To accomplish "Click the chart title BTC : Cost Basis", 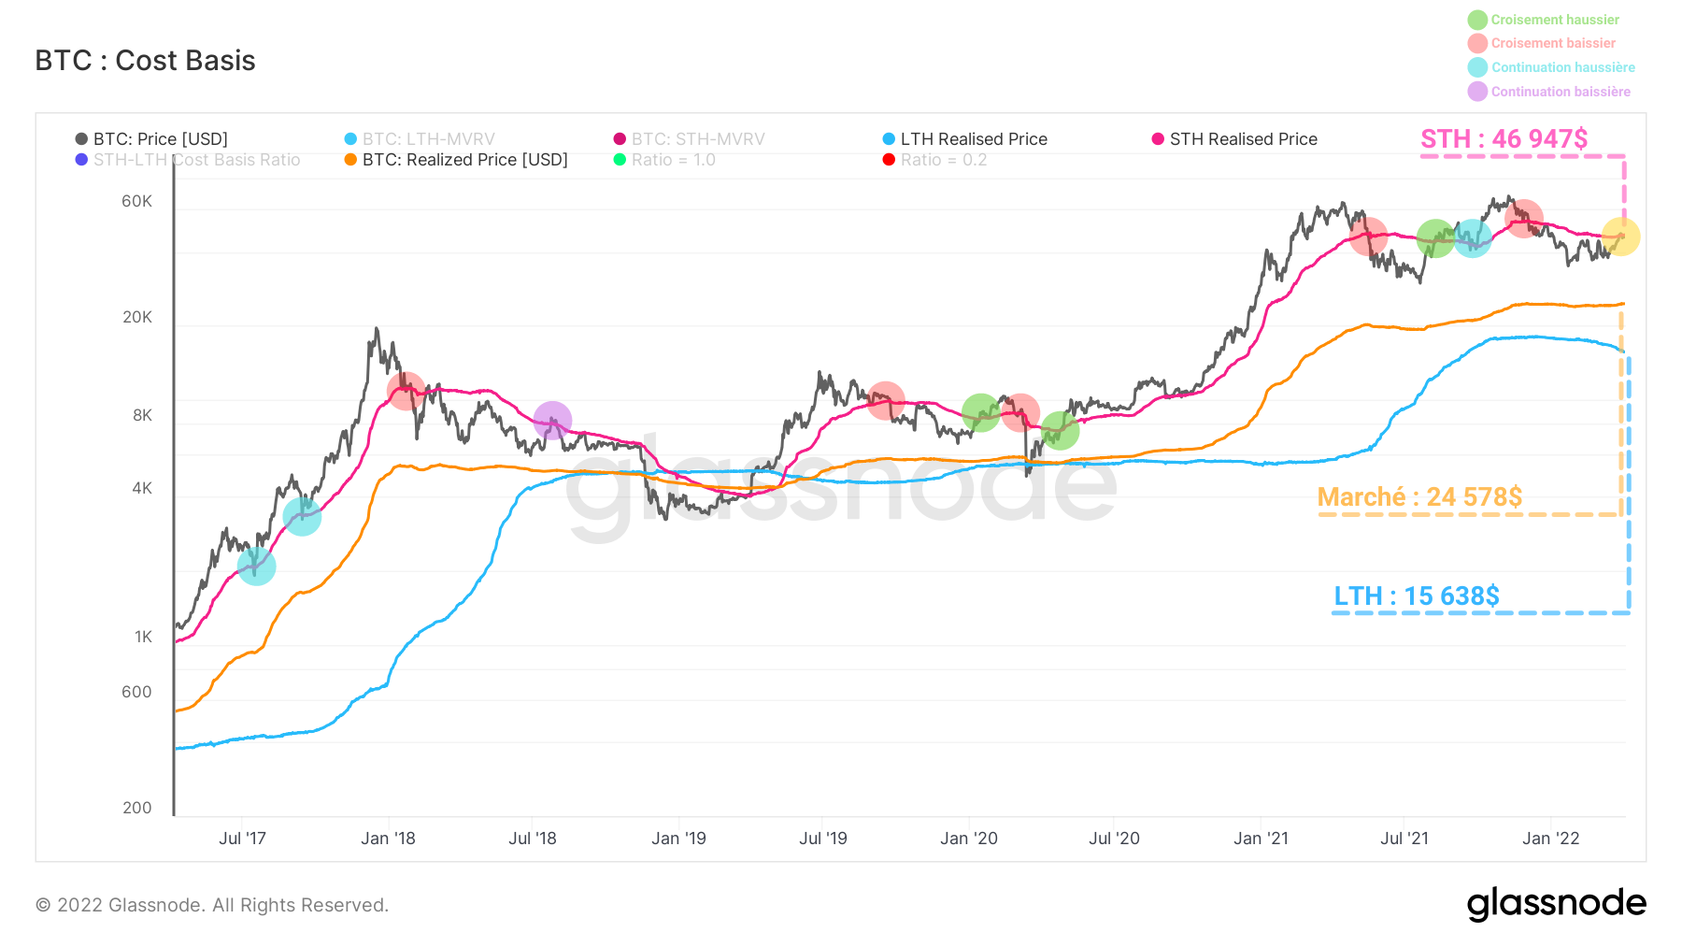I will [x=145, y=61].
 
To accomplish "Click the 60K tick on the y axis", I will [x=136, y=201].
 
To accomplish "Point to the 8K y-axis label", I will [x=142, y=415].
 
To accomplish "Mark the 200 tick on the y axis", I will [x=136, y=808].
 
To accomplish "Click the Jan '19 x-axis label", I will [x=678, y=839].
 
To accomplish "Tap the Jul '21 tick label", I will [x=1404, y=839].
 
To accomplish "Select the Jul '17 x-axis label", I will [x=242, y=839].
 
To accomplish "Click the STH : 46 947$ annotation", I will [x=1504, y=139].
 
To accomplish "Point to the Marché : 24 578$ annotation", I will [x=1419, y=496].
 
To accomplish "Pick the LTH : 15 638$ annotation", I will [x=1416, y=596].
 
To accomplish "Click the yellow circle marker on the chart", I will [x=1620, y=237].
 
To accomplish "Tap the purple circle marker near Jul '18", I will [x=552, y=421].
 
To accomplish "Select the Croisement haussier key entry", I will [x=1554, y=20].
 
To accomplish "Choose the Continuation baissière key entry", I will [x=1560, y=92].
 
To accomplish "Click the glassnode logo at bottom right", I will [x=1556, y=904].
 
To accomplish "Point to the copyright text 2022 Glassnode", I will [x=212, y=905].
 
